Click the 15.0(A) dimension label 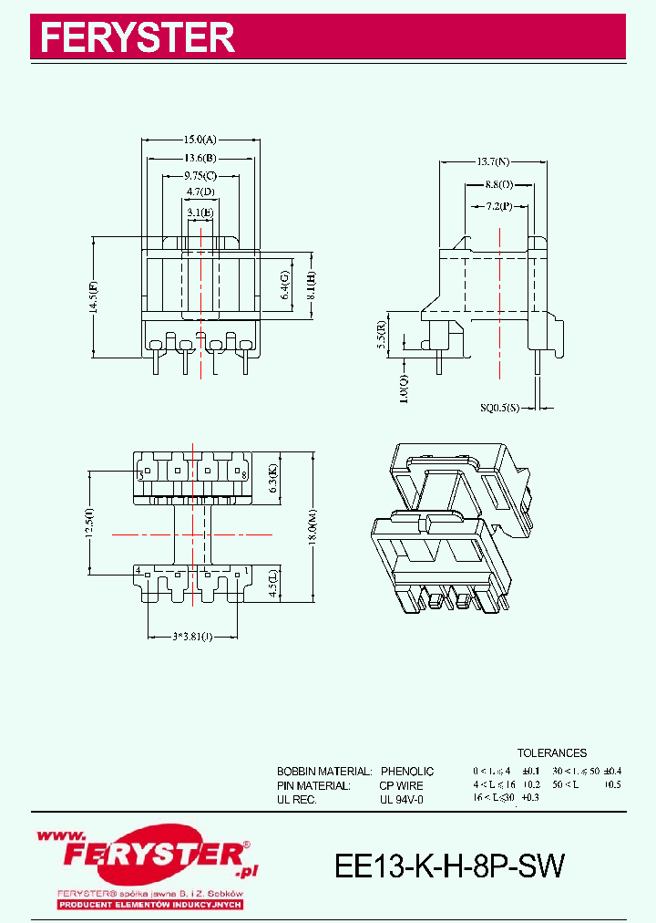200,140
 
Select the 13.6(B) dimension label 200,158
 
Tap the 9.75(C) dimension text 200,175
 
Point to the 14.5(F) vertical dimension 93,296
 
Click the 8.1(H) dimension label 312,285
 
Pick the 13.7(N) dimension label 493,161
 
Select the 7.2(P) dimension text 498,207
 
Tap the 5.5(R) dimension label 380,335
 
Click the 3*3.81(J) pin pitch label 192,636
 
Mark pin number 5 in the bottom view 141,476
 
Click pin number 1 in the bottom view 245,571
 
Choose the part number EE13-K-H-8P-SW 450,866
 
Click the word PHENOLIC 407,772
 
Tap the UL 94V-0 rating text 402,799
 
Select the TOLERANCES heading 552,753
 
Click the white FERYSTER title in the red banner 138,38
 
